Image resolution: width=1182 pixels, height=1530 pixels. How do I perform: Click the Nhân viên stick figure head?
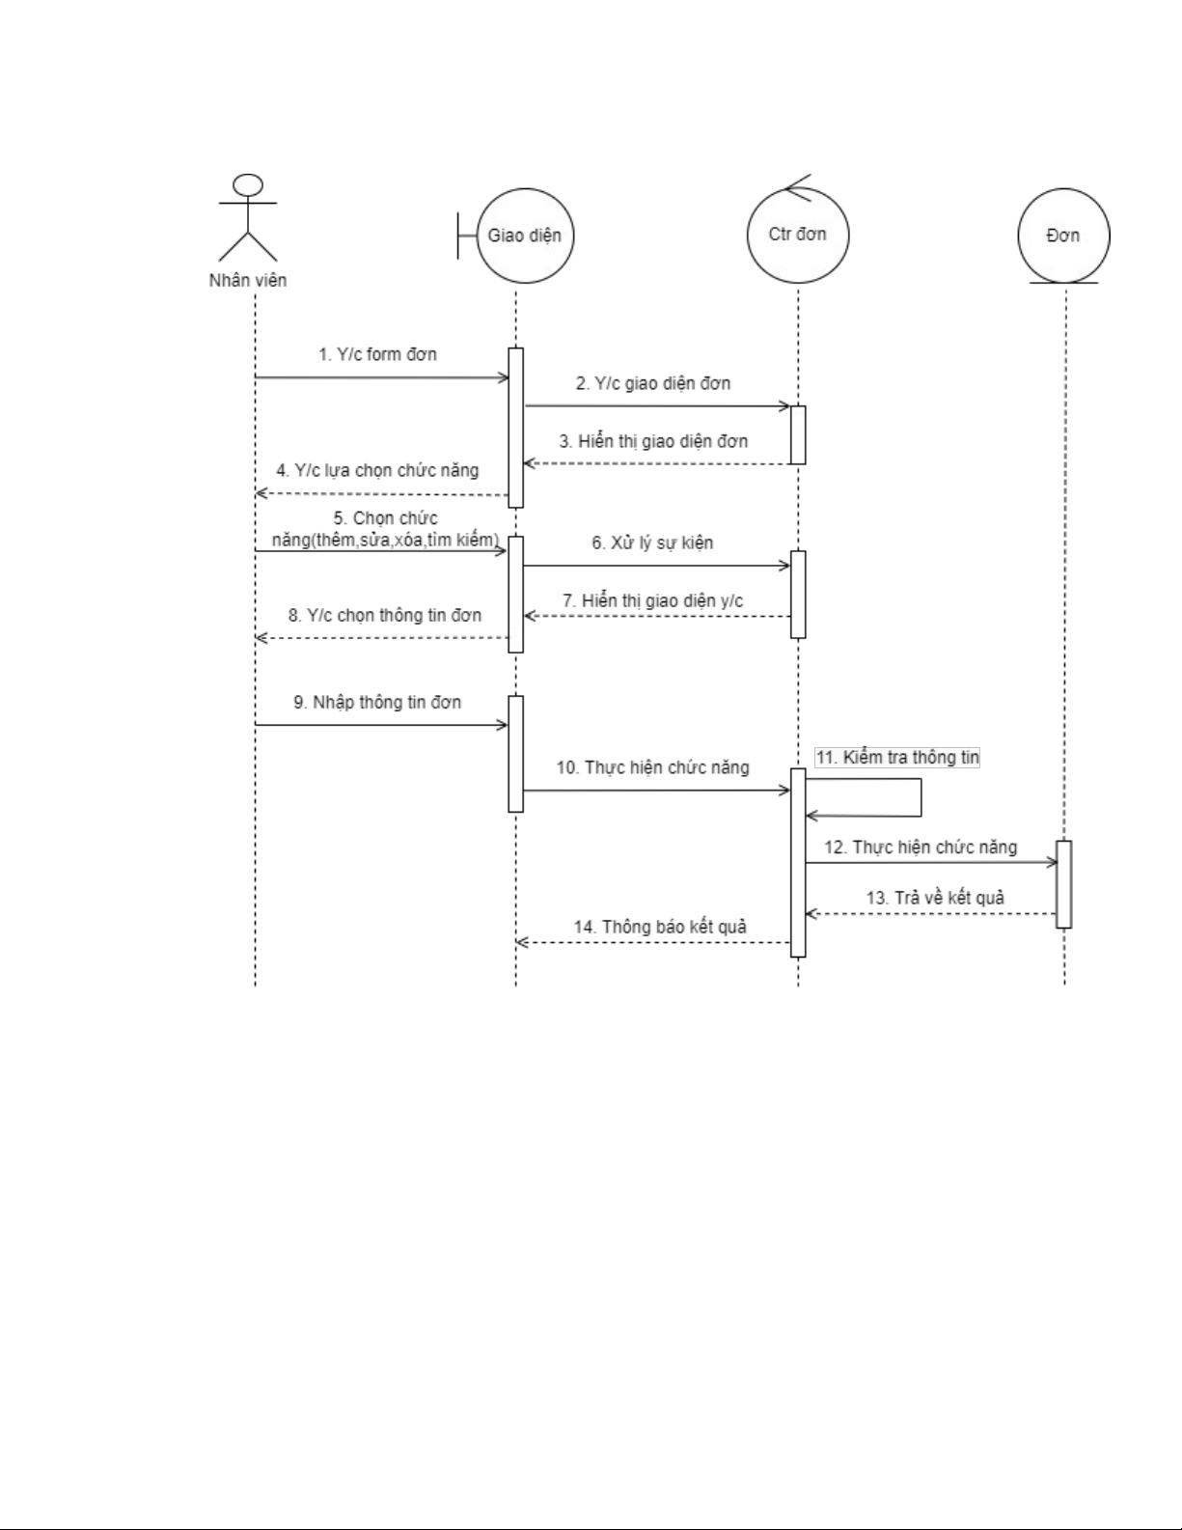pyautogui.click(x=249, y=184)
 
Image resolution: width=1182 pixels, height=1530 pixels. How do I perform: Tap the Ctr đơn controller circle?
pyautogui.click(x=798, y=235)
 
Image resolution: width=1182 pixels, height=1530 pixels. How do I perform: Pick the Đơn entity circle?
pyautogui.click(x=1063, y=236)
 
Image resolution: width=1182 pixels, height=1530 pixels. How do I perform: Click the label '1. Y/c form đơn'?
pyautogui.click(x=377, y=354)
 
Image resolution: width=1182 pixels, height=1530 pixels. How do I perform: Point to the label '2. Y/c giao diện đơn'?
pyautogui.click(x=653, y=383)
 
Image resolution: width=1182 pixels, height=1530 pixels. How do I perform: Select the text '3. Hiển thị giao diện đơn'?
pyautogui.click(x=653, y=441)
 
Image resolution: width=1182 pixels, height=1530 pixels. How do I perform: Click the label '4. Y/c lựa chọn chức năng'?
pyautogui.click(x=377, y=470)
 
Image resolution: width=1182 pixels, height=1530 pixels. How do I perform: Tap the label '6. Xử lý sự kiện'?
pyautogui.click(x=652, y=542)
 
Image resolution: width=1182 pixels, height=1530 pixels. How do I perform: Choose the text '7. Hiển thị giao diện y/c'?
pyautogui.click(x=653, y=600)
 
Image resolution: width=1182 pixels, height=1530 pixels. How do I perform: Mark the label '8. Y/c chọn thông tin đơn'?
pyautogui.click(x=384, y=615)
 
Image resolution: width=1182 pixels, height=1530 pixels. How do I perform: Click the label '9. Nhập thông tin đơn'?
pyautogui.click(x=377, y=702)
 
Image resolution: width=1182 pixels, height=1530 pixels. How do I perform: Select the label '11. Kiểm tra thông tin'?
pyautogui.click(x=897, y=758)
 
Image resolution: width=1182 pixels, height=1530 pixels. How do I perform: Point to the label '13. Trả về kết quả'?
pyautogui.click(x=935, y=898)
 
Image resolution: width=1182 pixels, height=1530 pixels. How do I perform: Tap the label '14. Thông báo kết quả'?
pyautogui.click(x=660, y=927)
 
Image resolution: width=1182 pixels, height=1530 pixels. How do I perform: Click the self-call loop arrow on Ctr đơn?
pyautogui.click(x=921, y=798)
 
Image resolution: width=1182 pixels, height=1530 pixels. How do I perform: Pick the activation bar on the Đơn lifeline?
pyautogui.click(x=1063, y=883)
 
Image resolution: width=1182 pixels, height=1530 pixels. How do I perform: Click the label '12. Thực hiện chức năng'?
pyautogui.click(x=921, y=848)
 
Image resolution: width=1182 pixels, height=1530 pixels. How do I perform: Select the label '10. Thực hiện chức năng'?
pyautogui.click(x=652, y=767)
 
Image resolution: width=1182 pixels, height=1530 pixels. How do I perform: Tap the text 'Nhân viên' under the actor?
pyautogui.click(x=248, y=281)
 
